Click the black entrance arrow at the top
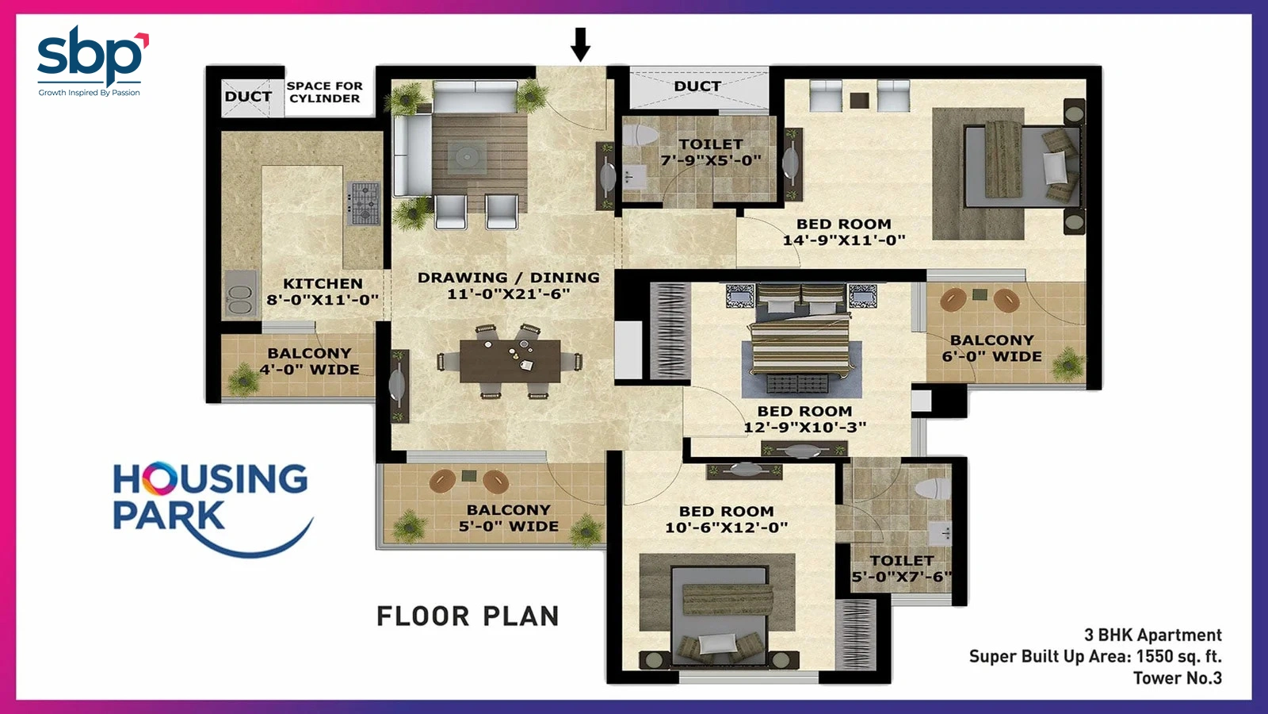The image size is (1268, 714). click(580, 44)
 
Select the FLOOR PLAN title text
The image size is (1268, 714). click(468, 616)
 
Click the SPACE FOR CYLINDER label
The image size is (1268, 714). click(324, 92)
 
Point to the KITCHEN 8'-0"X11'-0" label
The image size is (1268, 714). click(323, 291)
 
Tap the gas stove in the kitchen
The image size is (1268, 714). click(363, 203)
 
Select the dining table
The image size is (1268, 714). click(510, 361)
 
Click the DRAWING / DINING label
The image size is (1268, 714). click(508, 286)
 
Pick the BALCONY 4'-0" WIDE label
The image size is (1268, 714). click(310, 361)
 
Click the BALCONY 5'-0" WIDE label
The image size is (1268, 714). click(508, 518)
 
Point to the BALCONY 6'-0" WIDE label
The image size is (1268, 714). click(991, 348)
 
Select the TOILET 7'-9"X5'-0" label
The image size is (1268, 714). click(711, 152)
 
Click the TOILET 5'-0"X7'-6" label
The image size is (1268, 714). click(902, 568)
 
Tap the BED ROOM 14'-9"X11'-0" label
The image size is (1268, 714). click(844, 232)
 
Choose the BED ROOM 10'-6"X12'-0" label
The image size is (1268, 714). click(726, 520)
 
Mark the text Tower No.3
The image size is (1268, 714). click(1178, 678)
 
